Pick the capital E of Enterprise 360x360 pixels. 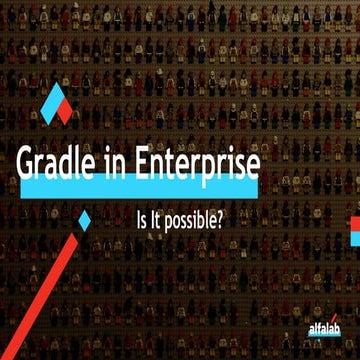[158, 166]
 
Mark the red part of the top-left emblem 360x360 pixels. [65, 111]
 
